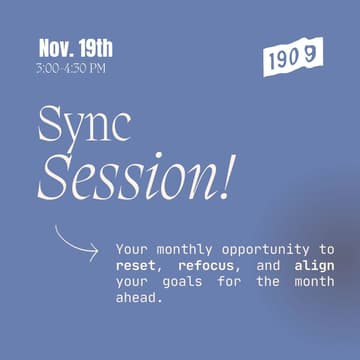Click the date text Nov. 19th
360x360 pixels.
(x=75, y=47)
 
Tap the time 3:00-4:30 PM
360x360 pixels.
(x=70, y=68)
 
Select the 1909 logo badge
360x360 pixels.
(x=293, y=58)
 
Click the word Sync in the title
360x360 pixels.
(x=84, y=126)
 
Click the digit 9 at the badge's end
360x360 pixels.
(x=310, y=55)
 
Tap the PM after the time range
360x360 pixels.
(x=95, y=68)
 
